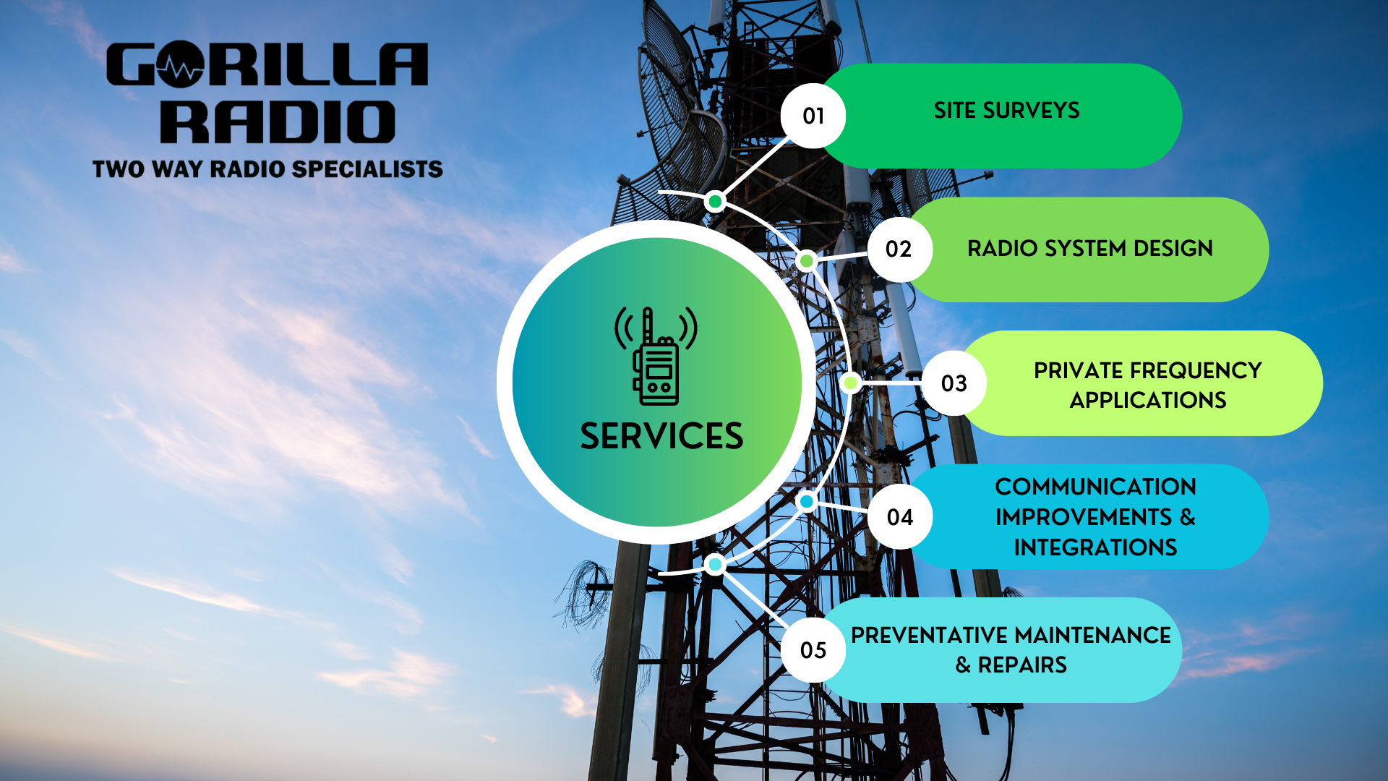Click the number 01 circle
click(813, 116)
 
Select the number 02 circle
click(899, 249)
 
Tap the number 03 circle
click(954, 383)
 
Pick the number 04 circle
click(900, 517)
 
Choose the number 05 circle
click(813, 650)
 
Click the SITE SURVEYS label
click(1006, 111)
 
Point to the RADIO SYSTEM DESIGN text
click(1089, 249)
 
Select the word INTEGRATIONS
click(1095, 547)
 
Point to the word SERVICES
click(661, 436)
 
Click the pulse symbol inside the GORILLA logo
click(181, 67)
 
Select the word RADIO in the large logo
click(278, 121)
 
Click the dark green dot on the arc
click(715, 201)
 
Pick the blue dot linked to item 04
click(807, 501)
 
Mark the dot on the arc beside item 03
click(851, 383)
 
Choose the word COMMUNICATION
click(1095, 487)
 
